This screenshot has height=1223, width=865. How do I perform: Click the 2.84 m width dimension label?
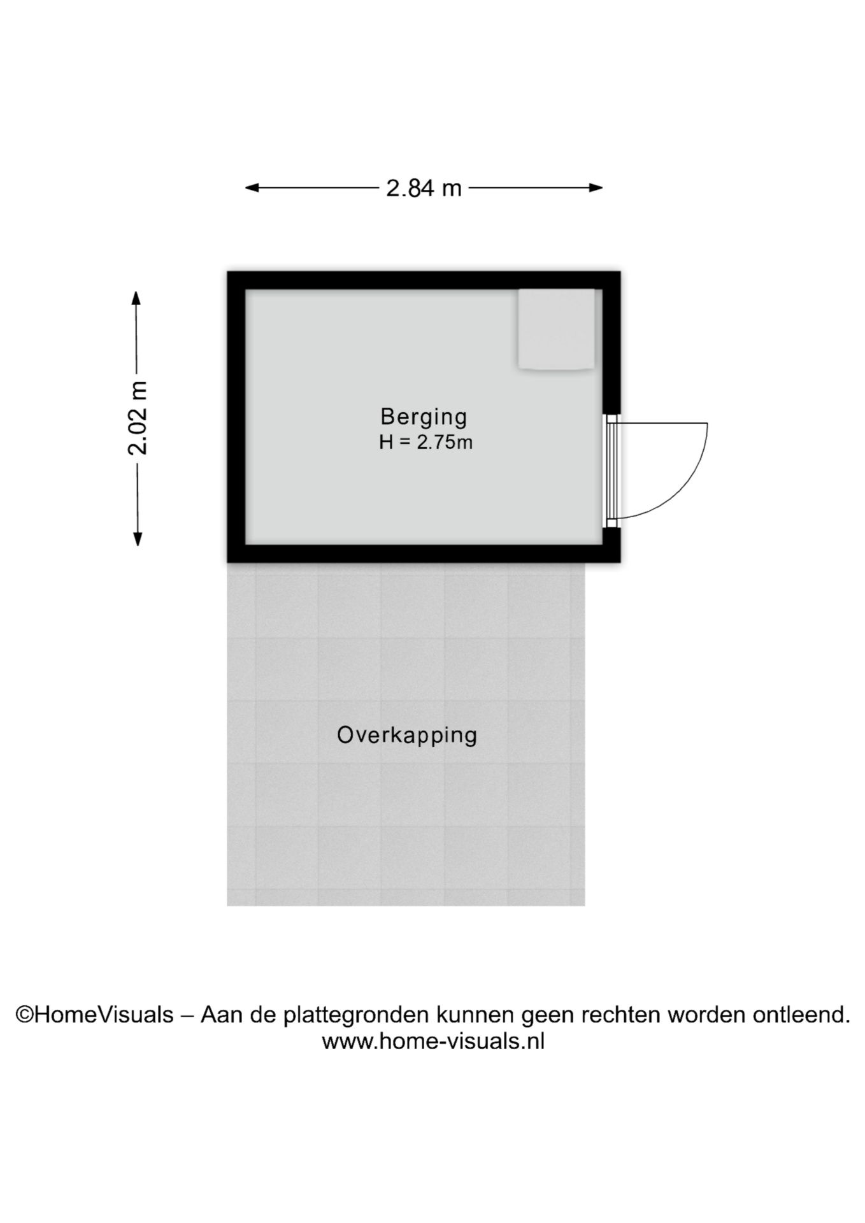coord(424,189)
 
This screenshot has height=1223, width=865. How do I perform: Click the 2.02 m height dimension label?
coord(138,418)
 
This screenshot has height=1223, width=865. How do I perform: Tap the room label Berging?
coord(424,417)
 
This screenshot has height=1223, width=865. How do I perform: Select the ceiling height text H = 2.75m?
coord(425,442)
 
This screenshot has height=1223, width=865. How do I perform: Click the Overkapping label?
coord(407,735)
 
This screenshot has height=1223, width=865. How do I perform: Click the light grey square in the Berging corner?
coord(556,329)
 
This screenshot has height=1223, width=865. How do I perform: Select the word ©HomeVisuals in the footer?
coord(94,1014)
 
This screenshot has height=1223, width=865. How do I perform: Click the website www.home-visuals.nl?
coord(433,1041)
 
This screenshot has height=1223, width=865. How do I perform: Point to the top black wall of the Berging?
coord(424,280)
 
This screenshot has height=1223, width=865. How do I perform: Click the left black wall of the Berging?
coord(236,417)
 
